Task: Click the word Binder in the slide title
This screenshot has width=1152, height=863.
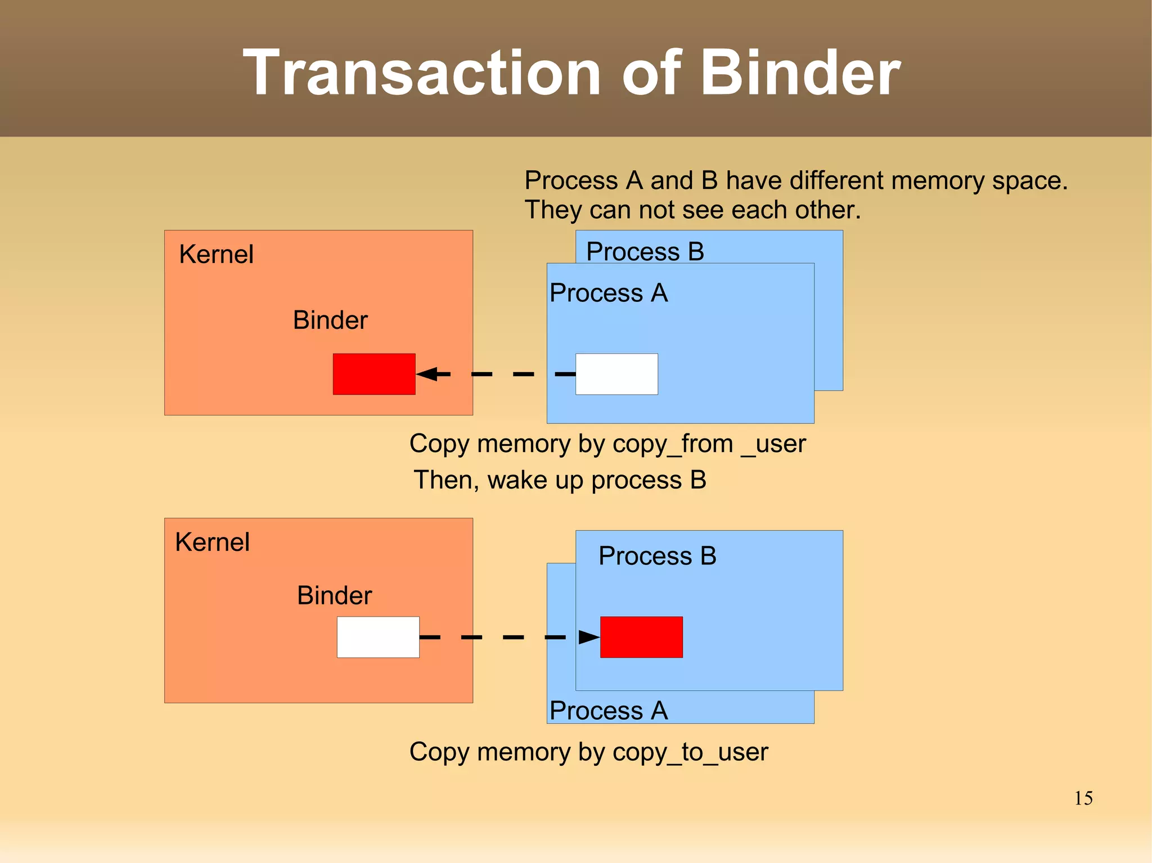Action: click(800, 73)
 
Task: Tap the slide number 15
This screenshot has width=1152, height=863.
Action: click(1083, 798)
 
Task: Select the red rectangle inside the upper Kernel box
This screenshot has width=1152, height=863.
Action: click(374, 374)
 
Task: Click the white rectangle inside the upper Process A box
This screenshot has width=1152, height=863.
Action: click(616, 374)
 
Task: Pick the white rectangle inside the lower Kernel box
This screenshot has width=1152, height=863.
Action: click(378, 637)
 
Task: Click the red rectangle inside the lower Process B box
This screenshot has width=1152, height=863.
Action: click(641, 637)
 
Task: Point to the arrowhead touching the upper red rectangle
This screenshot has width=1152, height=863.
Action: click(429, 374)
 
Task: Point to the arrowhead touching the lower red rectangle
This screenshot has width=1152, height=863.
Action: click(588, 637)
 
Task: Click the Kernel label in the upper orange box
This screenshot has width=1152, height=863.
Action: click(216, 255)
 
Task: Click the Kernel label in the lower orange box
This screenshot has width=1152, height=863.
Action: click(212, 543)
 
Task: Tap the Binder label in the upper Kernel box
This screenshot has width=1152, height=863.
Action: click(330, 320)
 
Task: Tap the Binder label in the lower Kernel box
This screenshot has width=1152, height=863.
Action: click(334, 596)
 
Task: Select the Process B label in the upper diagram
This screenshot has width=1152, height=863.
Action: click(645, 251)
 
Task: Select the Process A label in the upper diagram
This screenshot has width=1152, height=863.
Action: click(609, 293)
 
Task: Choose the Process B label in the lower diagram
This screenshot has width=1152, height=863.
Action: click(657, 556)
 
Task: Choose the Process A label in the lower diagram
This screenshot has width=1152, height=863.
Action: click(609, 711)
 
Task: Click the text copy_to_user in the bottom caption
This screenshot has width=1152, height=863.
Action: click(690, 752)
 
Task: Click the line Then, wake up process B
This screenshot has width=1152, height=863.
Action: click(560, 480)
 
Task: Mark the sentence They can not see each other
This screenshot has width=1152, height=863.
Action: click(692, 210)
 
